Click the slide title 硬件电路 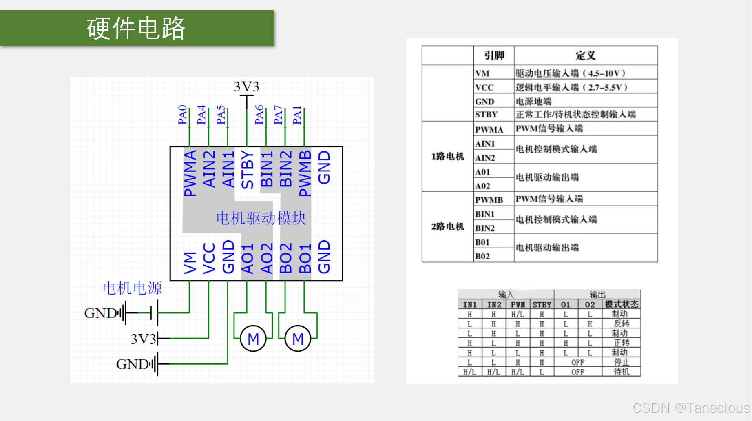(136, 28)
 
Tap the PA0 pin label (182, 115)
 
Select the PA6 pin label (259, 115)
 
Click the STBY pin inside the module (247, 170)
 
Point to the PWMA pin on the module (190, 173)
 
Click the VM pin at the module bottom (190, 262)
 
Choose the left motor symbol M (253, 339)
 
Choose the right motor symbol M (298, 339)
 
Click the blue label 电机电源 (132, 288)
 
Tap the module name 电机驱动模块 (261, 218)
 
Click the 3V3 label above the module (246, 86)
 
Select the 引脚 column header (494, 55)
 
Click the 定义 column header (585, 55)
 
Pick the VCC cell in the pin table (484, 87)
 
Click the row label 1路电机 (447, 156)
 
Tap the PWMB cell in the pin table (489, 200)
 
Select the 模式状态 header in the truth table (621, 304)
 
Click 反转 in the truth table (621, 324)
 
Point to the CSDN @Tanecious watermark (691, 408)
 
